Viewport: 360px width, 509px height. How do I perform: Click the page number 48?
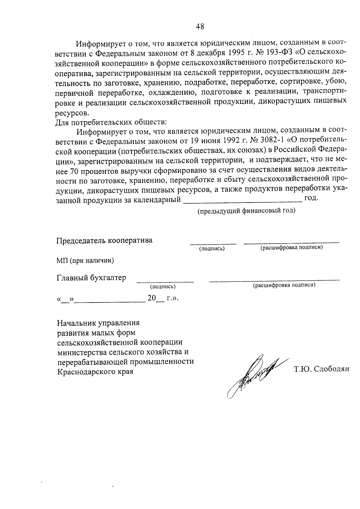click(x=200, y=26)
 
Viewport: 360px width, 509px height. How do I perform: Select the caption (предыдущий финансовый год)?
click(x=246, y=211)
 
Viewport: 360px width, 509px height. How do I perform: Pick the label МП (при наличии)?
click(x=85, y=260)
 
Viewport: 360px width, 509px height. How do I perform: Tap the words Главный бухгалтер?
click(x=91, y=278)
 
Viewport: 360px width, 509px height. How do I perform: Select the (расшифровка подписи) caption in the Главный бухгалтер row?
click(x=284, y=285)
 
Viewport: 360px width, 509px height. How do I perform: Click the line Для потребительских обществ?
click(x=111, y=122)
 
